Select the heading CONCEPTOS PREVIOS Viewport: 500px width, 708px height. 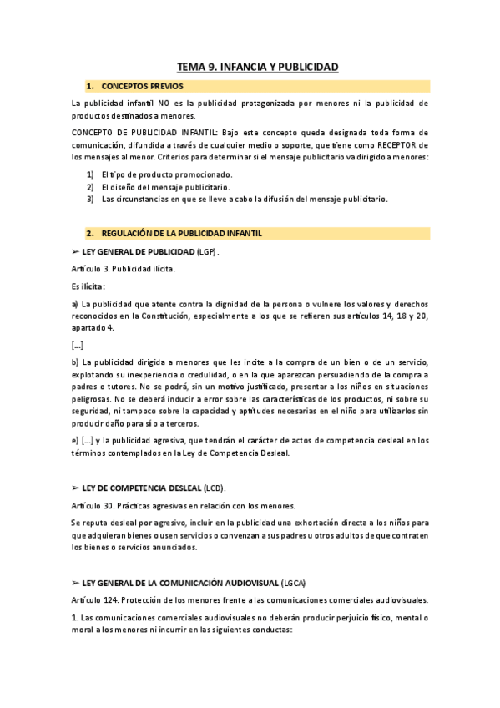[143, 86]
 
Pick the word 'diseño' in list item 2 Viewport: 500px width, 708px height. [126, 187]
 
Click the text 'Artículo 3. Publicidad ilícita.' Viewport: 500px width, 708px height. [124, 268]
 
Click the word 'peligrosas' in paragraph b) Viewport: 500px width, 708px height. [94, 400]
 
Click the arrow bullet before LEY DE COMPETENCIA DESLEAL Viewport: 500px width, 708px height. [76, 487]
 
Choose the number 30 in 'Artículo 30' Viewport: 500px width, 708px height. [109, 505]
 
